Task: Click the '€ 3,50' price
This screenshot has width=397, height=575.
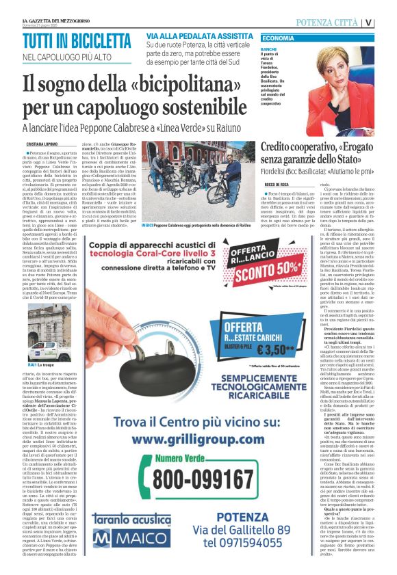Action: tap(296, 349)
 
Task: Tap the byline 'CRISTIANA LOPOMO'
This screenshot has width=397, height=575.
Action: tap(42, 145)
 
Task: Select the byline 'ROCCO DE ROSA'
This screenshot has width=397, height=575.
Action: tap(277, 185)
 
